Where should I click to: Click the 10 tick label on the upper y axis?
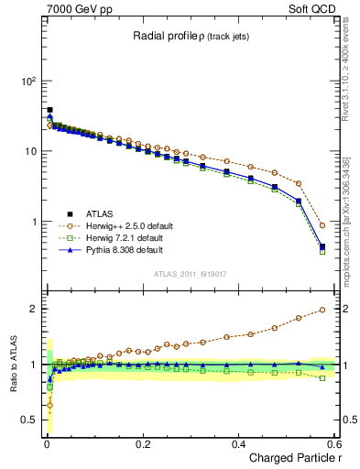pyautogui.click(x=28, y=151)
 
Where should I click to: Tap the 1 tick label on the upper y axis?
pyautogui.click(x=32, y=222)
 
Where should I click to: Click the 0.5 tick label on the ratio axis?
pyautogui.click(x=27, y=420)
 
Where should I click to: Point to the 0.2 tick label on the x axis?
pyautogui.click(x=142, y=443)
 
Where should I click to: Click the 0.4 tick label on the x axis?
pyautogui.click(x=238, y=443)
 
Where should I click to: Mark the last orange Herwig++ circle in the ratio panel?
pyautogui.click(x=322, y=310)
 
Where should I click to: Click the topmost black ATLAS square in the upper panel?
pyautogui.click(x=49, y=110)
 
